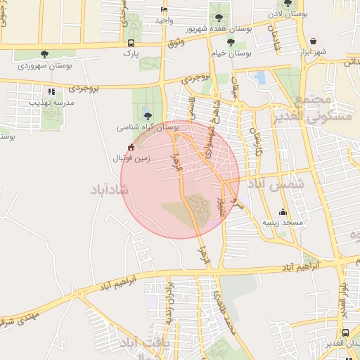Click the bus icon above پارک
[130, 42]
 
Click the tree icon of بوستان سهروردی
[45, 53]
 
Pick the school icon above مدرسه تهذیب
[51, 91]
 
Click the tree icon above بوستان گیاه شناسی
[146, 116]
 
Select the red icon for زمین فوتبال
[130, 147]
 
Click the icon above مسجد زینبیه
[283, 212]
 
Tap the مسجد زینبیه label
[282, 222]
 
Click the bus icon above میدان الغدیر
[345, 333]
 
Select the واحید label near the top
[165, 20]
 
